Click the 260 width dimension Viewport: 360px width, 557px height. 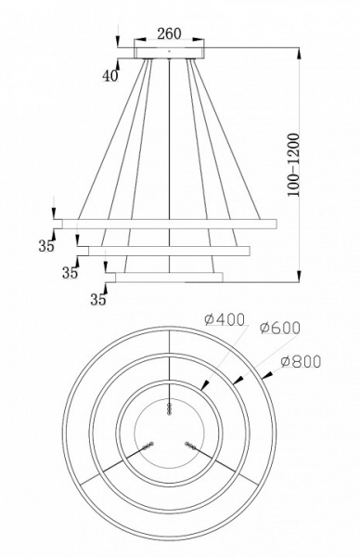point(168,33)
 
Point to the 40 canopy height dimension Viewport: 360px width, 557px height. point(110,76)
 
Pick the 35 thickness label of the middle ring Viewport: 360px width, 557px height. point(69,273)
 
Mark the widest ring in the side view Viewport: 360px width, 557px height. point(167,224)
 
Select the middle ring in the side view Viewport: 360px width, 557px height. point(167,250)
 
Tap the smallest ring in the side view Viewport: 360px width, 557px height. point(167,276)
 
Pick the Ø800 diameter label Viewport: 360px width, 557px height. point(298,360)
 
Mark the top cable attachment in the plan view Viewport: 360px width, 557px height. point(169,408)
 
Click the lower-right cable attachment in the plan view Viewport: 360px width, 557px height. point(191,447)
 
